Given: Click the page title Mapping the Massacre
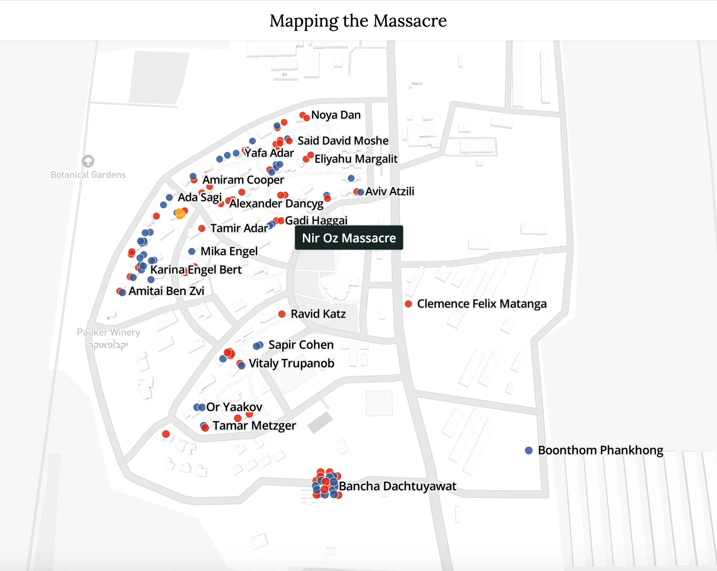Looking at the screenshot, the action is click(x=358, y=21).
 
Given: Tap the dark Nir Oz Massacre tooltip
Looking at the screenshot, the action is click(x=349, y=238).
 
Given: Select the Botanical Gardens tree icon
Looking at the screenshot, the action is click(x=88, y=161).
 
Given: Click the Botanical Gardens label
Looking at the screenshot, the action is click(x=88, y=175).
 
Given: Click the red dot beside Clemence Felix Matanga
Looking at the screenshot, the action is click(x=409, y=304).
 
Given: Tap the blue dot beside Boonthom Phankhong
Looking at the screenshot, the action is click(x=529, y=450).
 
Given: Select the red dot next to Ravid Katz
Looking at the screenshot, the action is click(x=282, y=314).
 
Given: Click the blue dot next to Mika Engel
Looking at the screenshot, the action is click(x=192, y=251).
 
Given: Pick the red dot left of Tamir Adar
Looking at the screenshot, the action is click(x=202, y=228).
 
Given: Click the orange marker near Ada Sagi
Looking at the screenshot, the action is click(x=179, y=213).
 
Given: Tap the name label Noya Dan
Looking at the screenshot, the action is click(x=336, y=115).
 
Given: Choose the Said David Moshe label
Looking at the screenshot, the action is click(x=343, y=141).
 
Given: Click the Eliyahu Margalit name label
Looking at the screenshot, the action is click(x=356, y=159).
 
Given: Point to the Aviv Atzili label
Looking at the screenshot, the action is click(x=390, y=191).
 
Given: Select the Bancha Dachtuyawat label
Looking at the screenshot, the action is click(x=398, y=486).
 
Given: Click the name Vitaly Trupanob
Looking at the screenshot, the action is click(x=291, y=363).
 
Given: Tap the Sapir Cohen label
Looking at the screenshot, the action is click(x=301, y=345).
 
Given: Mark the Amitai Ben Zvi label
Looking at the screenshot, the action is click(x=166, y=291).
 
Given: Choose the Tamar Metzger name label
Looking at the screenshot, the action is click(x=254, y=426).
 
